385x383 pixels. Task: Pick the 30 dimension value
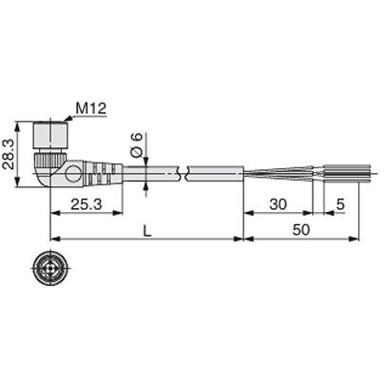pos(279,203)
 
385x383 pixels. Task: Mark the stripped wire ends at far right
pos(342,174)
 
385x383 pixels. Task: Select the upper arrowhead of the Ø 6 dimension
pos(144,162)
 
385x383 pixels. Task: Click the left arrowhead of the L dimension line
pos(52,239)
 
